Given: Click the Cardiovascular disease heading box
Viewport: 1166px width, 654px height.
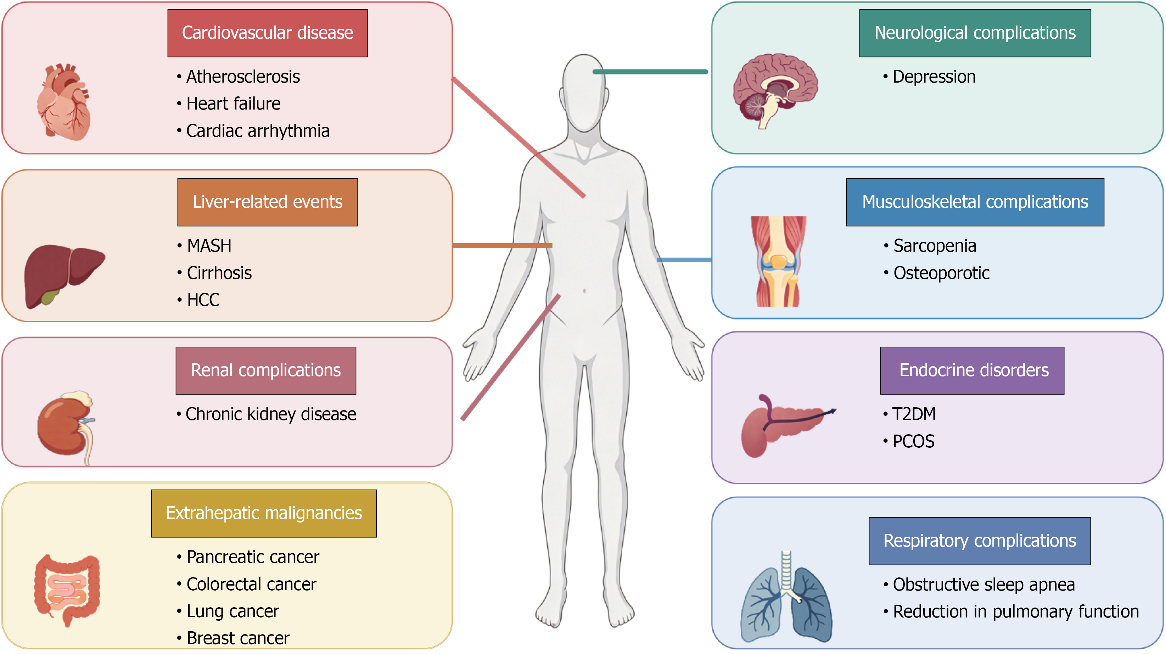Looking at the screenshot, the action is coord(268,33).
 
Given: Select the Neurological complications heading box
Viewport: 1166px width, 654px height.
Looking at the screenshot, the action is coord(975,33).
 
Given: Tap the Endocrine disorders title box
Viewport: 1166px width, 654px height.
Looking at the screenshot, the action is coord(972,371).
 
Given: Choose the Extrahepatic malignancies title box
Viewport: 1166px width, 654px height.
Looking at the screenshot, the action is coord(264,513).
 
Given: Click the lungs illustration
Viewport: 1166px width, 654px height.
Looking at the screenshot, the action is coord(786,597).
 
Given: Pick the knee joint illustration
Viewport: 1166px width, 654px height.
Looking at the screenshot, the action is coord(779,262).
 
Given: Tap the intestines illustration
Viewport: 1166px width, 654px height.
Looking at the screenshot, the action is coord(67,590).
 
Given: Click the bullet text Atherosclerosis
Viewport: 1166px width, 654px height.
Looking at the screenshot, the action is coord(243,77).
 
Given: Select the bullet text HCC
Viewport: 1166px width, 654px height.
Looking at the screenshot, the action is coord(203,300).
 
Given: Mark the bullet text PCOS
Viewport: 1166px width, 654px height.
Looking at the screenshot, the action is coord(913,441).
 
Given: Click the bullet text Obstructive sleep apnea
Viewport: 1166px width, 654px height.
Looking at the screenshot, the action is coord(983,585).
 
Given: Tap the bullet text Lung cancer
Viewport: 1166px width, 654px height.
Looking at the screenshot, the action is coord(232,611).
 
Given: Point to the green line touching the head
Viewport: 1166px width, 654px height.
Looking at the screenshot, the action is coord(650,72).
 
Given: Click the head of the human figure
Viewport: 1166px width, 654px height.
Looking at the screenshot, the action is coord(584,93).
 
